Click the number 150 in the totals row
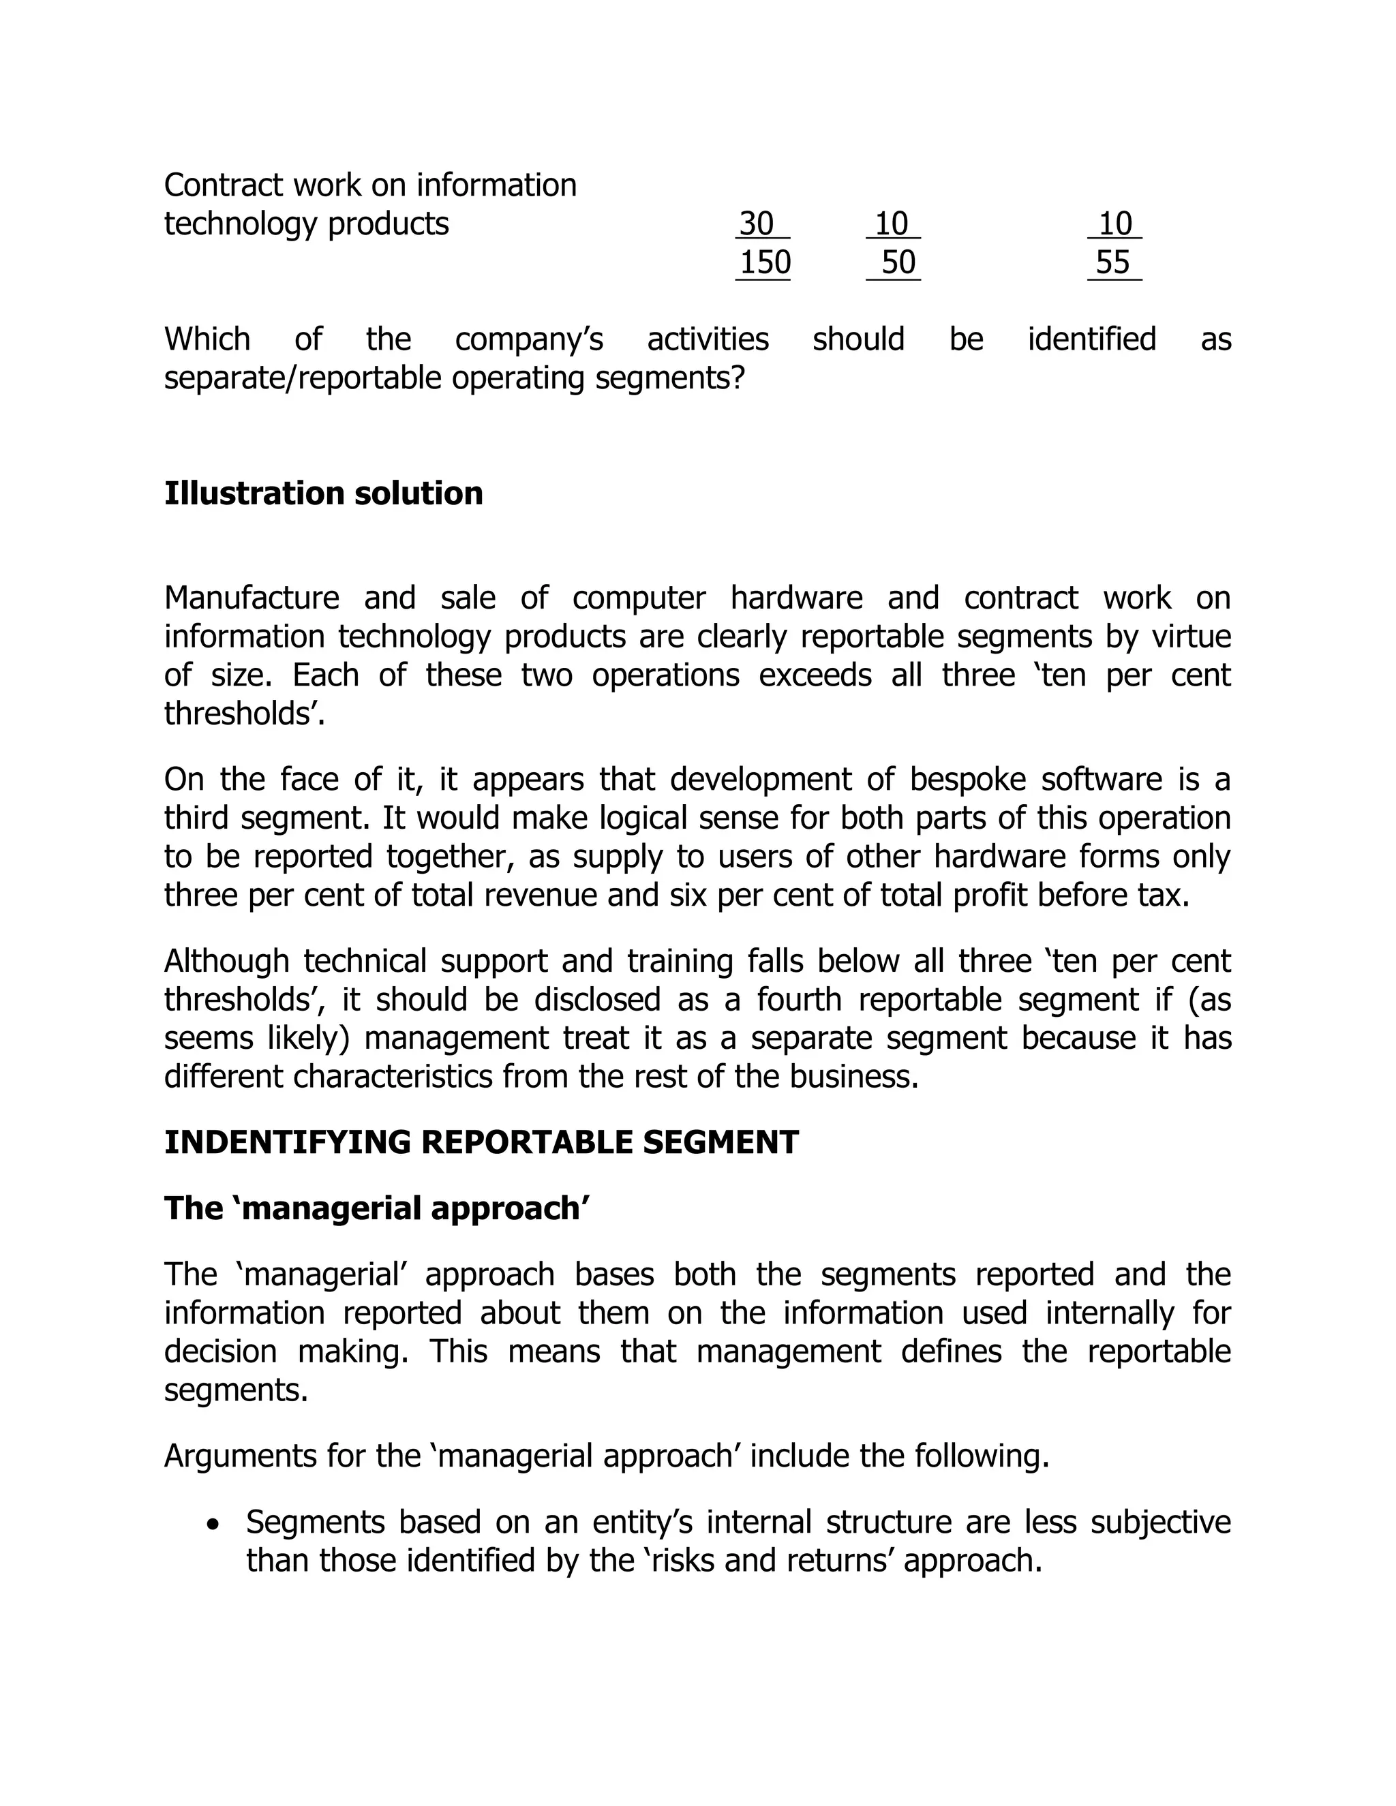coord(764,263)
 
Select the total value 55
coord(1112,263)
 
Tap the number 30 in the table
coord(756,224)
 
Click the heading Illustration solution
coord(323,493)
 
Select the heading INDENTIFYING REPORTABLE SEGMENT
coord(481,1143)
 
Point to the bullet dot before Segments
coord(214,1522)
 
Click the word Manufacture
coord(252,598)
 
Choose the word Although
coord(226,962)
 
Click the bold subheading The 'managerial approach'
coord(376,1209)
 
